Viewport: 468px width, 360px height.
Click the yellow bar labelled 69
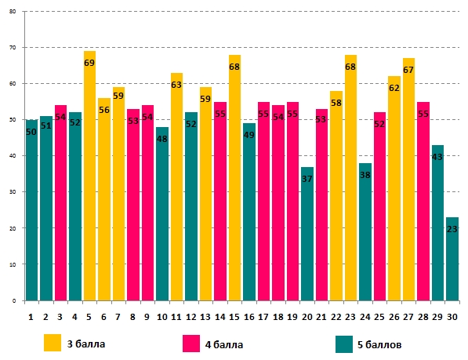point(89,176)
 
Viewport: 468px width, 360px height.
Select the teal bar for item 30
point(452,259)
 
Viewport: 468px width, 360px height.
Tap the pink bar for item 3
point(60,202)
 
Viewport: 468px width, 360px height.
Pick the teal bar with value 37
point(307,234)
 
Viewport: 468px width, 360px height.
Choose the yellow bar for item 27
point(408,179)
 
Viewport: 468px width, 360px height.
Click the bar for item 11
point(176,187)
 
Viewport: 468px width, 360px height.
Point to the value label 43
point(437,157)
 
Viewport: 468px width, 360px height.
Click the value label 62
point(394,88)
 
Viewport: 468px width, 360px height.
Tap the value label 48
point(162,139)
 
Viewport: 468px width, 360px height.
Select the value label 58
point(336,103)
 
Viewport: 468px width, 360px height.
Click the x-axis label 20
point(307,317)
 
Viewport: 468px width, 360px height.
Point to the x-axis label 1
point(31,317)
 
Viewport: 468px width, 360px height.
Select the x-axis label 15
point(234,317)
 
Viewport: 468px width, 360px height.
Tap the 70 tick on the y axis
point(13,48)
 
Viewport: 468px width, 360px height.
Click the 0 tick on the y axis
point(14,301)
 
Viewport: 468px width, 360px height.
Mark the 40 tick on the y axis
point(13,156)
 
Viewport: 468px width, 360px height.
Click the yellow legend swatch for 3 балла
point(53,343)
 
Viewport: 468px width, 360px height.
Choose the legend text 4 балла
point(224,345)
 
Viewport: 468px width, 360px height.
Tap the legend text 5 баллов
point(379,345)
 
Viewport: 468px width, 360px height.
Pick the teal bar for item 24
point(365,231)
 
